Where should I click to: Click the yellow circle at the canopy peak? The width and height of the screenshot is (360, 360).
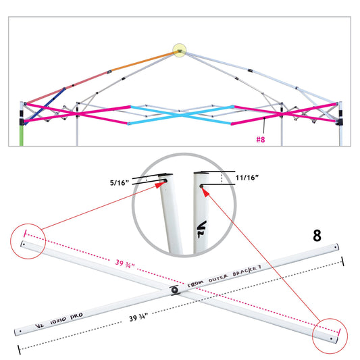(179, 50)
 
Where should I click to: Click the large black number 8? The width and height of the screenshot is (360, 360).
(316, 236)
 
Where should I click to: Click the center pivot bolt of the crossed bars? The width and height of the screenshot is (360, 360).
(175, 290)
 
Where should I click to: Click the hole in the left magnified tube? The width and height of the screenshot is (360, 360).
(164, 182)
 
